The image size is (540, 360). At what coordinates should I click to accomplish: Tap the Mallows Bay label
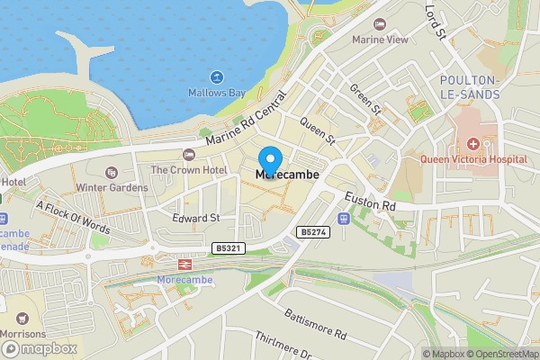[x=217, y=93]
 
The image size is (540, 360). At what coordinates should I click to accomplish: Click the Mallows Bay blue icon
[x=217, y=76]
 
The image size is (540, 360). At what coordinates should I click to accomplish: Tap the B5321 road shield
[x=228, y=247]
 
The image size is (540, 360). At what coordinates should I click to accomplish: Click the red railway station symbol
[x=183, y=265]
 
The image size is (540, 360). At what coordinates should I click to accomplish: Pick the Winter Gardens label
[x=111, y=187]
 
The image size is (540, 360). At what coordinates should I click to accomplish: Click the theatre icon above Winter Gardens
[x=111, y=172]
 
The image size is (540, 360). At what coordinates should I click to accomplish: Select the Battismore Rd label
[x=315, y=323]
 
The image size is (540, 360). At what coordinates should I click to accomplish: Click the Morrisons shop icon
[x=22, y=318]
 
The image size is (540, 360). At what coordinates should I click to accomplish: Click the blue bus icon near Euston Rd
[x=343, y=219]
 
